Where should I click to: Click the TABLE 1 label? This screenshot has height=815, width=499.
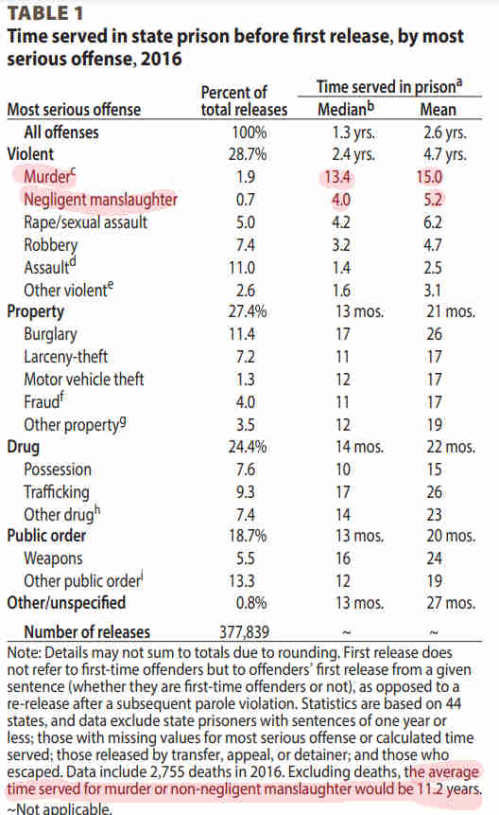(45, 13)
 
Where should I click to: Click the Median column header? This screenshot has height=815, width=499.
(346, 109)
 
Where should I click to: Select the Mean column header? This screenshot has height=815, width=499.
(439, 110)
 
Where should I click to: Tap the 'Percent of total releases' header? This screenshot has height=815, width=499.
(244, 101)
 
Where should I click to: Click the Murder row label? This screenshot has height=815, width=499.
(50, 176)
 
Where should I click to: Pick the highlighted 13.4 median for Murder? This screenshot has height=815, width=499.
(337, 177)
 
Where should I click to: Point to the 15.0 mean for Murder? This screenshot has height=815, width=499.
(429, 177)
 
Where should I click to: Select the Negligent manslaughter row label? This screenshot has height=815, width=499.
(100, 200)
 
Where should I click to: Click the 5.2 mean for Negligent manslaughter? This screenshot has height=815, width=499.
(433, 200)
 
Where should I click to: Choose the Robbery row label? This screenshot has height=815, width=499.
(50, 245)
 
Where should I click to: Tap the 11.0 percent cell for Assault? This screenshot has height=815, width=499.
(242, 268)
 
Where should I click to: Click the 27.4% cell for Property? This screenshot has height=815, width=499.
(248, 311)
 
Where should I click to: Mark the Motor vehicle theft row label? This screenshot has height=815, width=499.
(83, 379)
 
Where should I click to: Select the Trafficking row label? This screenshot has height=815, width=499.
(57, 491)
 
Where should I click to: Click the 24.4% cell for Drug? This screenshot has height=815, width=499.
(248, 447)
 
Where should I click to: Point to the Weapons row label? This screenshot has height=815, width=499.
(53, 558)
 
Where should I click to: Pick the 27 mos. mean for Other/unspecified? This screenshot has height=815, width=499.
(451, 603)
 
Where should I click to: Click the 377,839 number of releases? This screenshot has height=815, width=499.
(245, 632)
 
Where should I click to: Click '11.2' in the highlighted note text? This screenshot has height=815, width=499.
(428, 789)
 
